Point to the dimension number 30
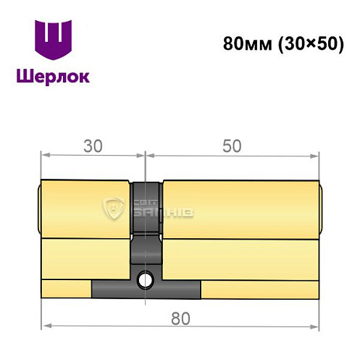pos(92,146)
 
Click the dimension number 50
pos(231,146)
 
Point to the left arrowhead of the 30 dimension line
pos(43,154)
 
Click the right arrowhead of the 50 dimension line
pos(316,154)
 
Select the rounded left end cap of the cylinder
pos(38,210)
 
